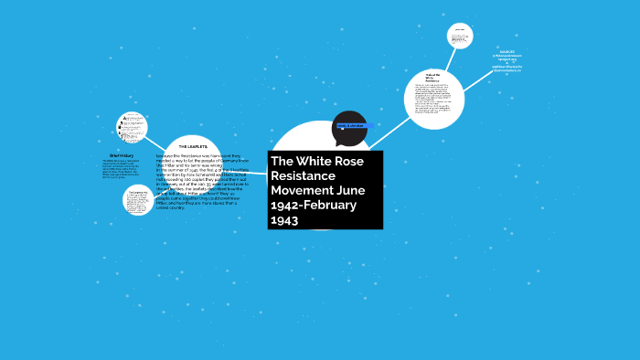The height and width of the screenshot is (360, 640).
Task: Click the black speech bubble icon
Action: pos(349,129)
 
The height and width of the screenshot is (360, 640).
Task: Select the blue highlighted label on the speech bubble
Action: pos(350,125)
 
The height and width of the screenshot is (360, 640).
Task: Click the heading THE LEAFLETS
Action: pos(193,146)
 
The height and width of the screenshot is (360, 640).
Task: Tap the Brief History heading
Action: pos(121,155)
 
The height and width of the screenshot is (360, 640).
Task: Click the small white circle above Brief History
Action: pos(133,127)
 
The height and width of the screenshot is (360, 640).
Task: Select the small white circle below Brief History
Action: pos(138,199)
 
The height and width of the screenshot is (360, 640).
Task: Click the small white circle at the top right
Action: pos(460,36)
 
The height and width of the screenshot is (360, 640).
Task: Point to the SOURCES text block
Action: pos(507,61)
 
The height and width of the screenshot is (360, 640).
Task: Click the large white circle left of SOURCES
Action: pos(434,99)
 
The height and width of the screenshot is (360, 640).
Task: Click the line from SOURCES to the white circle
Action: pos(477,80)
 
